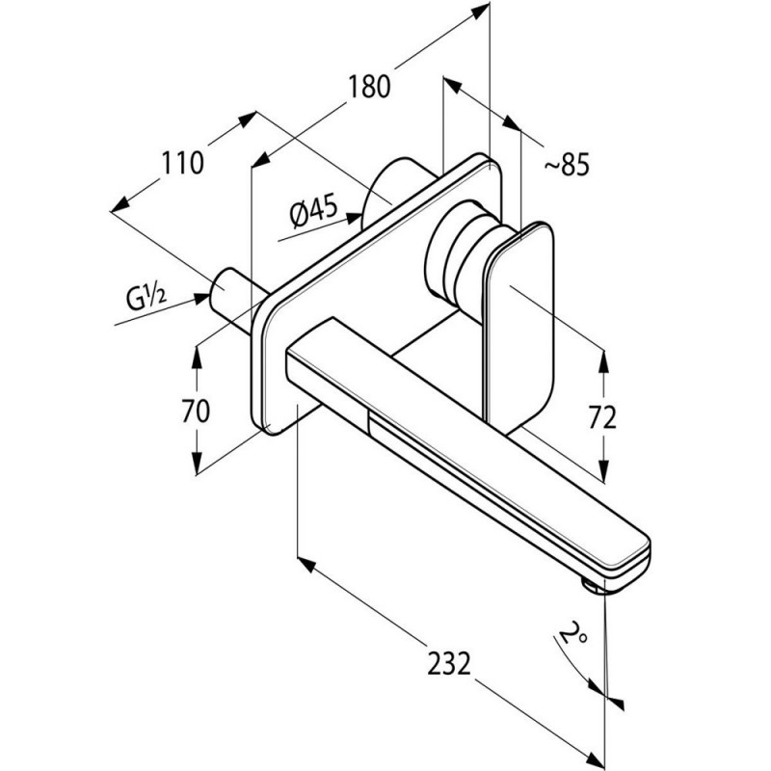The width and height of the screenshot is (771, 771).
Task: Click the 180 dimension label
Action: pyautogui.click(x=369, y=87)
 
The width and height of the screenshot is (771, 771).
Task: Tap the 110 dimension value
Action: pyautogui.click(x=182, y=163)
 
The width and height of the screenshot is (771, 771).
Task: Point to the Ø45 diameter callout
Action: pyautogui.click(x=314, y=210)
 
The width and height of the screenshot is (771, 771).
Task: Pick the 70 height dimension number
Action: pyautogui.click(x=196, y=411)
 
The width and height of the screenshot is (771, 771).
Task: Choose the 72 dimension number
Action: pyautogui.click(x=602, y=418)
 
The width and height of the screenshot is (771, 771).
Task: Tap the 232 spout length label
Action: pyautogui.click(x=449, y=663)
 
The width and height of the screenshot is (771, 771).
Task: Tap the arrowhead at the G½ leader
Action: pyautogui.click(x=202, y=299)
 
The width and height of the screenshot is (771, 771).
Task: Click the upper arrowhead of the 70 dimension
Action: pyautogui.click(x=197, y=357)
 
